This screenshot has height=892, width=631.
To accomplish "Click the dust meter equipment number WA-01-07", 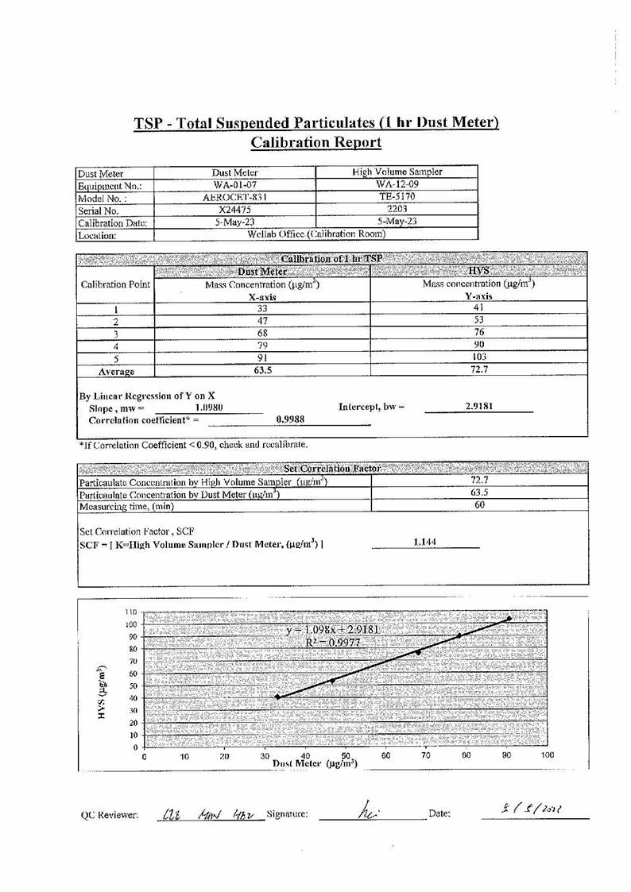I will [234, 185].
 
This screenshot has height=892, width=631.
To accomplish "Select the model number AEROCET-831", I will [234, 198].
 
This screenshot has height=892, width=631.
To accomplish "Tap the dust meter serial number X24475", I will [234, 210].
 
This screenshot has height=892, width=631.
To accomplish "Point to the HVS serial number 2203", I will [397, 210].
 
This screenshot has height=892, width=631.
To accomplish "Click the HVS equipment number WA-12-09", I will [397, 185].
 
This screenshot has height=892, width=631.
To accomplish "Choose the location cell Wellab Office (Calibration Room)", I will [316, 234].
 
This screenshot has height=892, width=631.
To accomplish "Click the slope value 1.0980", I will [208, 407].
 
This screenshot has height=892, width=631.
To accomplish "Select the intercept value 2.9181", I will [478, 406].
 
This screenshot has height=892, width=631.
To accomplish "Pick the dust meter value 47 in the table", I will [261, 320].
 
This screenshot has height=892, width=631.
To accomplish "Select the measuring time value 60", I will [479, 505].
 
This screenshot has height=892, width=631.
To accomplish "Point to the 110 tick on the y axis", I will [131, 612].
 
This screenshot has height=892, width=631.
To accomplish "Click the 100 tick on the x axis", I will [547, 757].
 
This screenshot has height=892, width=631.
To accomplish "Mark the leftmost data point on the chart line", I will [277, 697].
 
